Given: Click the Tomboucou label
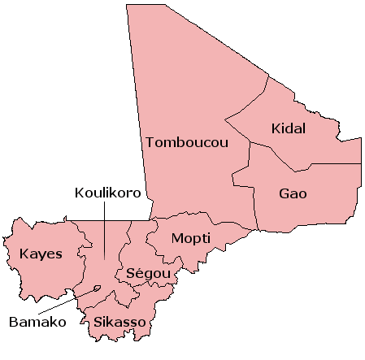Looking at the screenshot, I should tap(187, 142).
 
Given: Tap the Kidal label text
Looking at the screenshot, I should tap(289, 128).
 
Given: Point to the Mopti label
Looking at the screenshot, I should tap(191, 239).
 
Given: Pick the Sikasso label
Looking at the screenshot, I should tap(119, 323).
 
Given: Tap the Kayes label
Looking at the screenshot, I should tap(41, 254).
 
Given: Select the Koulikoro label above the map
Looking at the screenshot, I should tap(108, 193).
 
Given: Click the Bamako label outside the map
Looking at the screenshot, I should tap(37, 322).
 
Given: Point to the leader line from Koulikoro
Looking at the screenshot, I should tap(105, 232).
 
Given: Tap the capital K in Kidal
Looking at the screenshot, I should tap(276, 128).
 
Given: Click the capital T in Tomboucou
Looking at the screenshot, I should tap(150, 142).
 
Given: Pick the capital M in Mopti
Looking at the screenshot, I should tap(176, 239).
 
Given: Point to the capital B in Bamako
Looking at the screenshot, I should tap(13, 322).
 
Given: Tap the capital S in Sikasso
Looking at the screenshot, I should tap(98, 323).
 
